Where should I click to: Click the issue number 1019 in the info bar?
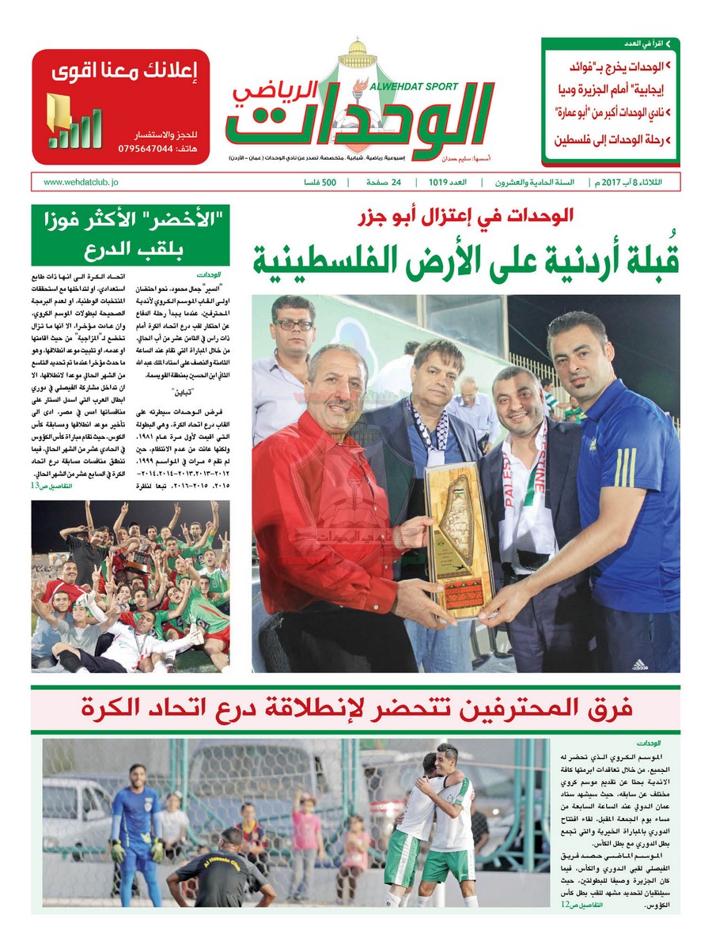[x=439, y=182]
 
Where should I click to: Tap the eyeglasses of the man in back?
[x=294, y=324]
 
